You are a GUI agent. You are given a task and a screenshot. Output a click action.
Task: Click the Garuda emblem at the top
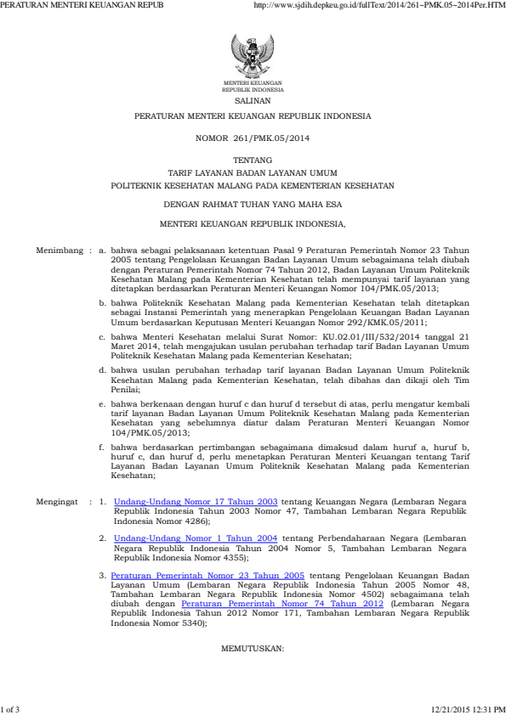[253, 58]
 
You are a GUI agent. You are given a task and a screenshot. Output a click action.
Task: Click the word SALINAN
[253, 99]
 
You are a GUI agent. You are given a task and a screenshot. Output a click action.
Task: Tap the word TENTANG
[253, 160]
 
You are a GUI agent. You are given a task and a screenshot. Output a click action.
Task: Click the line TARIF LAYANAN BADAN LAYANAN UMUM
[253, 172]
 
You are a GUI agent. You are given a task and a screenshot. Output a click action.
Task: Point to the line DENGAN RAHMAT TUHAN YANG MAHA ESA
[253, 204]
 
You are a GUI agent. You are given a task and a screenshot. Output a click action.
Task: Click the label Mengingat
[59, 503]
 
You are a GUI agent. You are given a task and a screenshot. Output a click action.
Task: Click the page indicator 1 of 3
[11, 708]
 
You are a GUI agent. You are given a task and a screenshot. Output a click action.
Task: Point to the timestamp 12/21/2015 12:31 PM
[469, 708]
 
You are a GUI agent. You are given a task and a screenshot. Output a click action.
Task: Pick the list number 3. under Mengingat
[103, 575]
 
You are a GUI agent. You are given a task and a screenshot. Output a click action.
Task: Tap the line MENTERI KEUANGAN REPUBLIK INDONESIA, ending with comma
[253, 225]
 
